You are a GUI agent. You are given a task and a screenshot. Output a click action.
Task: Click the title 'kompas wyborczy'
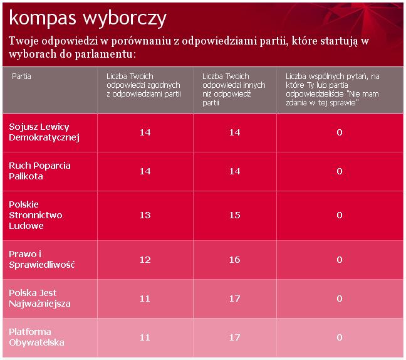click(x=88, y=18)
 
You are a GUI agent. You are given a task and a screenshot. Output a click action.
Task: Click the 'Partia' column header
click(x=21, y=76)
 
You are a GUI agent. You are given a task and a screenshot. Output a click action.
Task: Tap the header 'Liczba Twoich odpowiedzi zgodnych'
click(x=143, y=85)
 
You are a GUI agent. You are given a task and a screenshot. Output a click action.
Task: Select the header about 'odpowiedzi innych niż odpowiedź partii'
click(x=234, y=89)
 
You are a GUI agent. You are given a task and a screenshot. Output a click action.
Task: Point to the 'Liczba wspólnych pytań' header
click(x=332, y=89)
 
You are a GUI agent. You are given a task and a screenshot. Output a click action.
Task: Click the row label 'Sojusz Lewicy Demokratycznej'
click(x=44, y=132)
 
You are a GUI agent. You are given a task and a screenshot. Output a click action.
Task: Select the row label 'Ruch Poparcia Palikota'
click(x=39, y=171)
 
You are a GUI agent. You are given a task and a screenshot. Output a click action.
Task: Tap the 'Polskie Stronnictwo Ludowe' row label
click(x=36, y=215)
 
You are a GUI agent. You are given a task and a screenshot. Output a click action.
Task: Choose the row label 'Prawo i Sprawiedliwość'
click(x=42, y=259)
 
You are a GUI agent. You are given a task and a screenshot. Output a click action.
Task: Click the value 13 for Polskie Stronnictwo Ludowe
click(x=145, y=215)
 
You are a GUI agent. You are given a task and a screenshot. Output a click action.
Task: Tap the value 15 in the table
click(x=235, y=215)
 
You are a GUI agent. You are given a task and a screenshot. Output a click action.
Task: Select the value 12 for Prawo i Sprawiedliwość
click(x=145, y=259)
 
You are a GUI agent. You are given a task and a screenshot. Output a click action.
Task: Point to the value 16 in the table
click(x=235, y=259)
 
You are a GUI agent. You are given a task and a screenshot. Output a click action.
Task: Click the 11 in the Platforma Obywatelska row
click(x=145, y=337)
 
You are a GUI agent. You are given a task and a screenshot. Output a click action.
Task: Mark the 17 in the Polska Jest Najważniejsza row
click(x=235, y=299)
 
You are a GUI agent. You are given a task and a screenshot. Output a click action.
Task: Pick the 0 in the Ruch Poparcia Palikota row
click(x=339, y=171)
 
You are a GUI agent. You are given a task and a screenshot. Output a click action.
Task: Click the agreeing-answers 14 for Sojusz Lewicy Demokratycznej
click(x=145, y=132)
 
